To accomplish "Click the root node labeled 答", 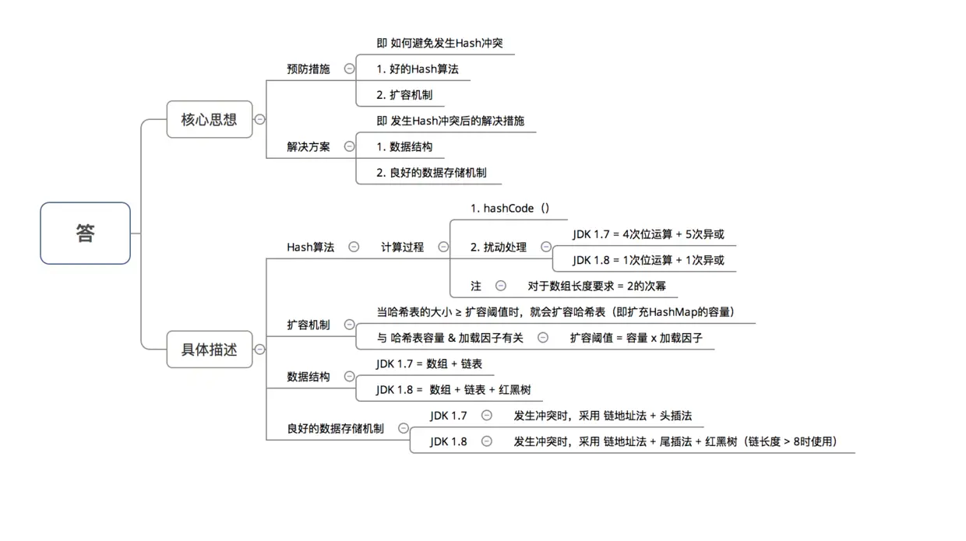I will pyautogui.click(x=85, y=234).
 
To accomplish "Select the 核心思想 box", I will pyautogui.click(x=209, y=120).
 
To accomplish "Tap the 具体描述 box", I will pyautogui.click(x=209, y=350).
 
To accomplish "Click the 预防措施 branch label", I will pyautogui.click(x=308, y=69).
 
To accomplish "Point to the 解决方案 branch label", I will pyautogui.click(x=308, y=146).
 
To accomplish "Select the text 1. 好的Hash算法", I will pyautogui.click(x=417, y=69).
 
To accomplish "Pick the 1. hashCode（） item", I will pyautogui.click(x=510, y=208).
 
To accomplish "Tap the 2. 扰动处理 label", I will pyautogui.click(x=499, y=247).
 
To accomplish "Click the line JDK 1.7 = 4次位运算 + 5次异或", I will pyautogui.click(x=648, y=234).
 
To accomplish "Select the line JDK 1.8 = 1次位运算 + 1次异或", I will pyautogui.click(x=648, y=260).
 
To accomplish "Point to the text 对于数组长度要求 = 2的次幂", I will pyautogui.click(x=597, y=286).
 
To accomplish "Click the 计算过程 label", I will pyautogui.click(x=402, y=247).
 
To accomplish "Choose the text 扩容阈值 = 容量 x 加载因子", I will pyautogui.click(x=636, y=338).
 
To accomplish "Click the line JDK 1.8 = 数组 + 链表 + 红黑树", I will pyautogui.click(x=453, y=389).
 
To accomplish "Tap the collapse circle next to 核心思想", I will pyautogui.click(x=259, y=120).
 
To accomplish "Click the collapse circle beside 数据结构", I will pyautogui.click(x=349, y=377).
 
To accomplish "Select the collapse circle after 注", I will pyautogui.click(x=501, y=286).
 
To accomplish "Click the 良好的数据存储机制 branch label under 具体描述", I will pyautogui.click(x=335, y=428).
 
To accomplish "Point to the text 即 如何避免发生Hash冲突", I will pyautogui.click(x=439, y=43).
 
